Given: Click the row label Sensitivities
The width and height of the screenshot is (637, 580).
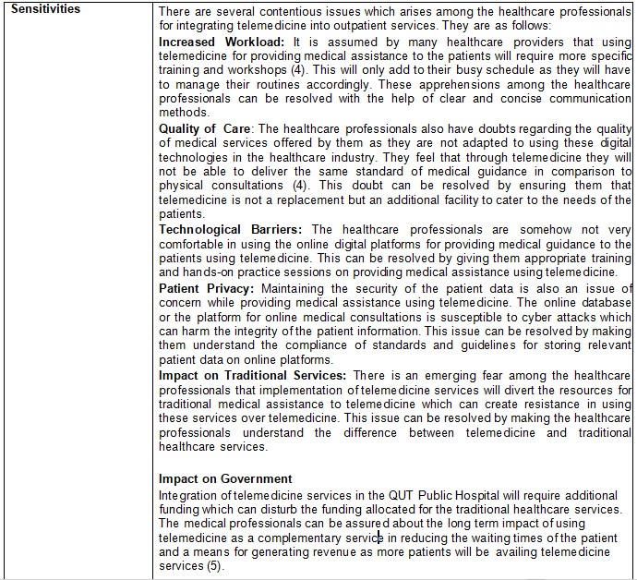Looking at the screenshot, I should pos(45,9).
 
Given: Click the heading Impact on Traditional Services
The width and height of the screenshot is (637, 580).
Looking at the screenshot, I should pos(252,375).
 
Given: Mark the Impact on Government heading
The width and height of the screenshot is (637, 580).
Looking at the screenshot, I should pos(225,478).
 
